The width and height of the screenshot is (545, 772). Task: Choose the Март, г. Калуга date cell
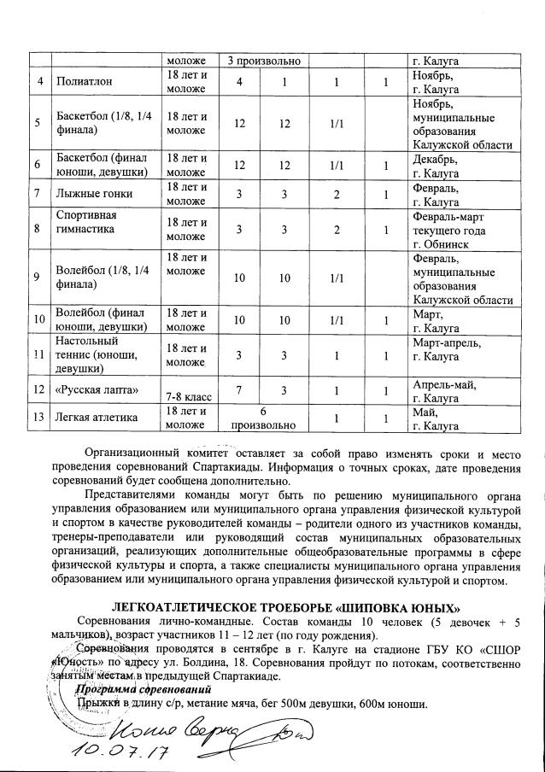pyautogui.click(x=435, y=321)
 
